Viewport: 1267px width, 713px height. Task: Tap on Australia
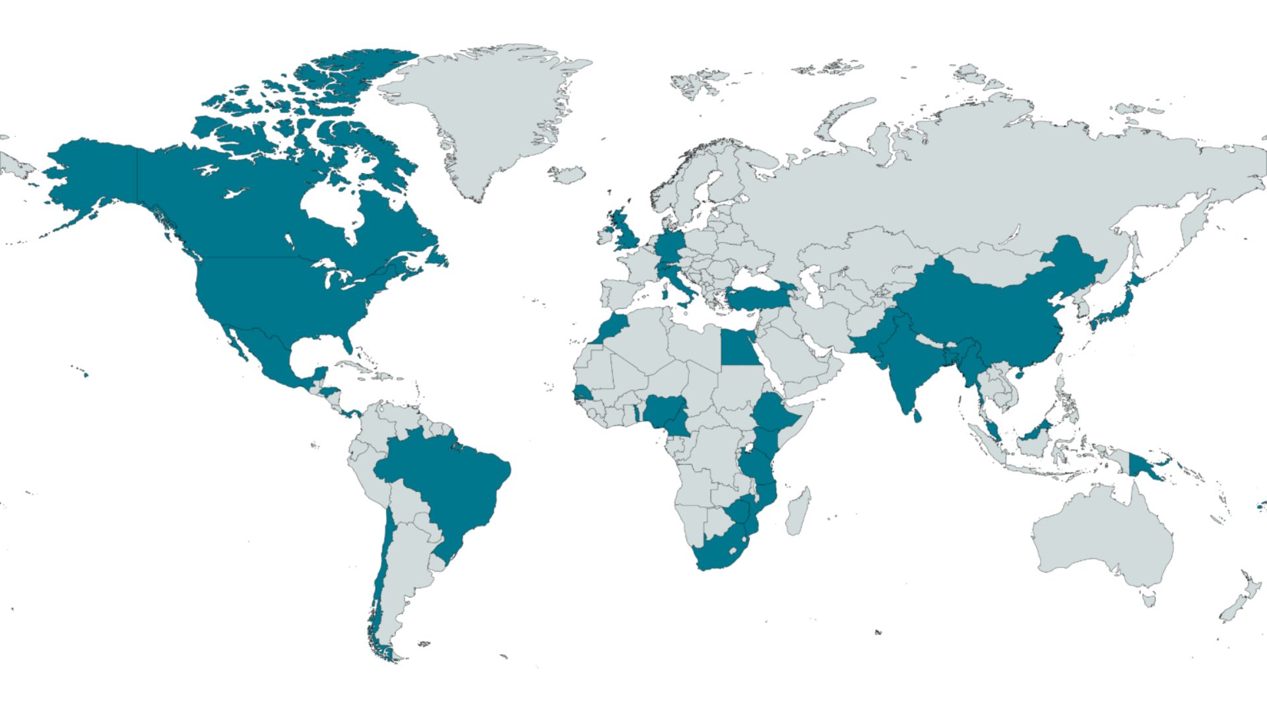pyautogui.click(x=1102, y=535)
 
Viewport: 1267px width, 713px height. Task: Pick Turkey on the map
pyautogui.click(x=759, y=297)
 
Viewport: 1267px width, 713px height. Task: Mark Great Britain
pyautogui.click(x=624, y=231)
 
